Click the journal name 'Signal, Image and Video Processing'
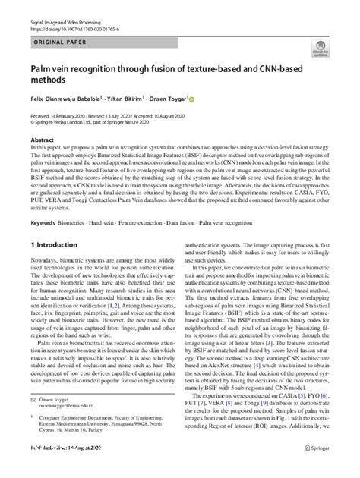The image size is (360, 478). [x=71, y=7]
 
